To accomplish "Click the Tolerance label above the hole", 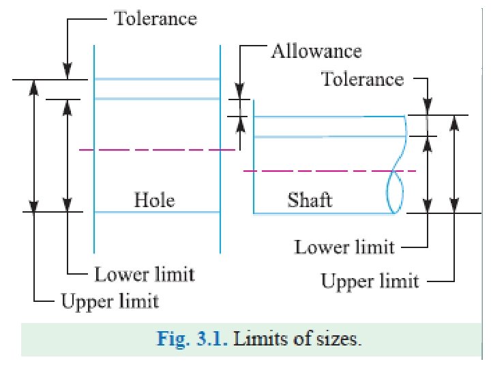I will [155, 18].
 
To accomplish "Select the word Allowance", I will [316, 51].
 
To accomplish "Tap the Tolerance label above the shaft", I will [362, 79].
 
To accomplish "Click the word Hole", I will [154, 200].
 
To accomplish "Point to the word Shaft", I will [310, 200].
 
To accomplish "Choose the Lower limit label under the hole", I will [144, 275].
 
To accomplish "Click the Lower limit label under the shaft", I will [344, 246].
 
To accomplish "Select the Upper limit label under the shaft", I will [370, 280].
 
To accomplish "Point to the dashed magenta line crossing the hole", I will [157, 149].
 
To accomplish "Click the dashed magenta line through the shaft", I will [327, 170].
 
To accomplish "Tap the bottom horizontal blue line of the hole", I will [157, 213].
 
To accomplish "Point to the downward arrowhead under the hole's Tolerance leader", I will [68, 72].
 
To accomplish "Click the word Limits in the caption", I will [259, 339].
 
